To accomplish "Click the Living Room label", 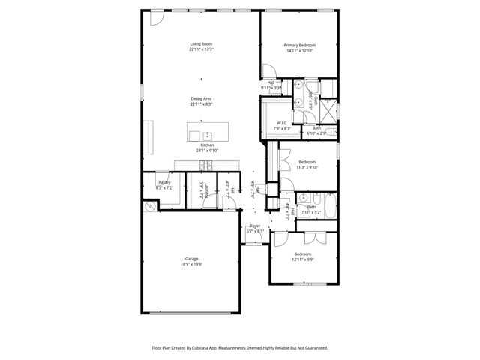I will pyautogui.click(x=201, y=44).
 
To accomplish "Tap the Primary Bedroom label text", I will pyautogui.click(x=298, y=44).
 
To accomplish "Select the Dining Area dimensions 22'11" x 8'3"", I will pyautogui.click(x=201, y=104).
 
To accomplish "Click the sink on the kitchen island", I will pyautogui.click(x=206, y=136).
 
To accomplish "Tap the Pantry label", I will pyautogui.click(x=164, y=182).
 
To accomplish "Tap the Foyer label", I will pyautogui.click(x=256, y=226).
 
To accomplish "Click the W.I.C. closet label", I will pyautogui.click(x=282, y=123).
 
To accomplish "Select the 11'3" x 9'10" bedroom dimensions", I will pyautogui.click(x=307, y=167).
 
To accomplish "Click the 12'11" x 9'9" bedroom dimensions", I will pyautogui.click(x=307, y=259).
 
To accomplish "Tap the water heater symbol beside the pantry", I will pyautogui.click(x=150, y=205).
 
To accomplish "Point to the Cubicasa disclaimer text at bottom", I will pyautogui.click(x=240, y=348).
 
